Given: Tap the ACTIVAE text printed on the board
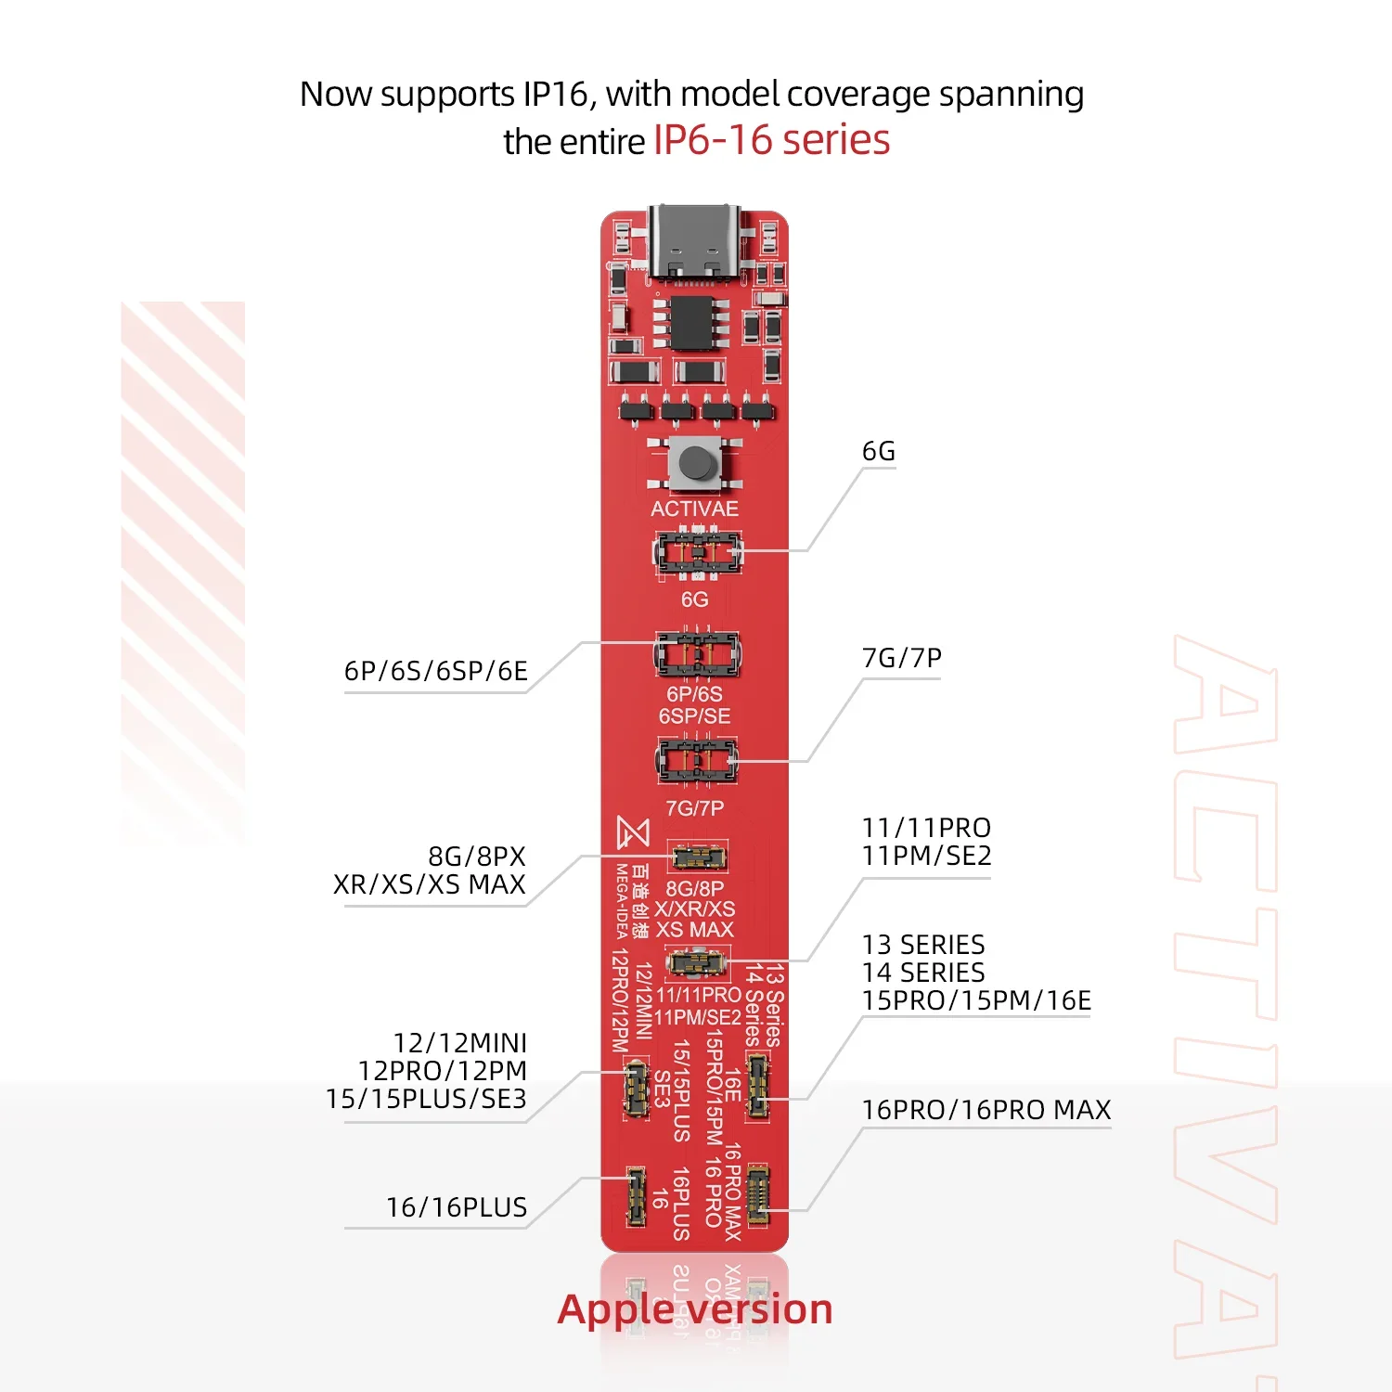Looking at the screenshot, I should pyautogui.click(x=694, y=509).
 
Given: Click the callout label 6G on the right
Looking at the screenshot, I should pyautogui.click(x=878, y=451).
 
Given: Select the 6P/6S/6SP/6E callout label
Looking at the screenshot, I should pyautogui.click(x=435, y=671).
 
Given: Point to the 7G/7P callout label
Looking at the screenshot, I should pyautogui.click(x=901, y=658).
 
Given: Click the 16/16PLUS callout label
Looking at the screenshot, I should pyautogui.click(x=456, y=1207).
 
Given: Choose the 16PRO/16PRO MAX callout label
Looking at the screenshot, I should pyautogui.click(x=986, y=1110).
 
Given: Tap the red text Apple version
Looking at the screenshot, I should pyautogui.click(x=694, y=1309).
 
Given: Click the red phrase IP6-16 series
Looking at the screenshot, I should pyautogui.click(x=771, y=140).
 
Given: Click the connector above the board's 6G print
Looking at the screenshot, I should pyautogui.click(x=698, y=553).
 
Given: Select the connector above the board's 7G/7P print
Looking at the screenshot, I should pyautogui.click(x=696, y=761).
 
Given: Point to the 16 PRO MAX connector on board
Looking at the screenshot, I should pyautogui.click(x=758, y=1193).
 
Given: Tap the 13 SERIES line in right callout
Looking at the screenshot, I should pyautogui.click(x=923, y=945).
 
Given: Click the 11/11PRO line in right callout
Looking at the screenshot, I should pyautogui.click(x=926, y=828).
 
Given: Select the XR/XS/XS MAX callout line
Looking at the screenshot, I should pyautogui.click(x=429, y=884).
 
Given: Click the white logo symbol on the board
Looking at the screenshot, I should pyautogui.click(x=633, y=832).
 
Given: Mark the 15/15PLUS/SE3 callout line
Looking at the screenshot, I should pyautogui.click(x=426, y=1099).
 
